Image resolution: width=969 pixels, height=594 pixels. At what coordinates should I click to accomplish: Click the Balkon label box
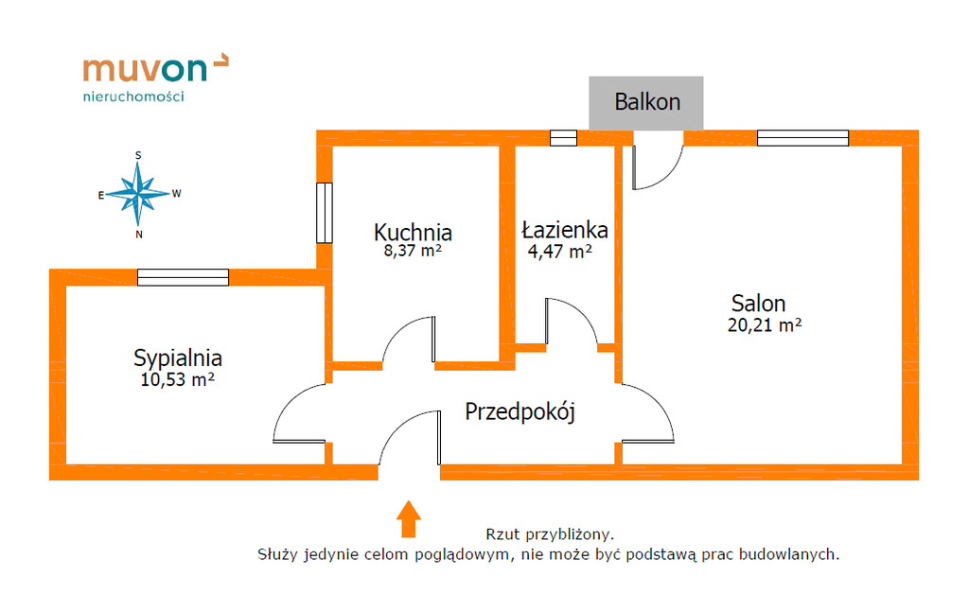645,103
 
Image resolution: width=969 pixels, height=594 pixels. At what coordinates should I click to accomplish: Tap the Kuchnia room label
413,233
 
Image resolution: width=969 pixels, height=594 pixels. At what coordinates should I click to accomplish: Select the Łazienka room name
565,230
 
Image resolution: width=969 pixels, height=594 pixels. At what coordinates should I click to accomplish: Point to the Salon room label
758,304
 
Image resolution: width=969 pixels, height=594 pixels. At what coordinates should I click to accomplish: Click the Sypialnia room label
178,358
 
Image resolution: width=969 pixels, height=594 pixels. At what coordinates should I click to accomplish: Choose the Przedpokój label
520,411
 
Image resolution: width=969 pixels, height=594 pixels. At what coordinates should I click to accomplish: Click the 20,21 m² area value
765,324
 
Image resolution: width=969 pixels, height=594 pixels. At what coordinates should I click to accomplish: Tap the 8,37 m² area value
413,251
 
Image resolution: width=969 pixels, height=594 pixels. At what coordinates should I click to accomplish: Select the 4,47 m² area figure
560,252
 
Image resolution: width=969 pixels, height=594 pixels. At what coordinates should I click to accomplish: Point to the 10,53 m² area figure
177,379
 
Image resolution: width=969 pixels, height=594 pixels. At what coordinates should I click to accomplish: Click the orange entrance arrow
409,518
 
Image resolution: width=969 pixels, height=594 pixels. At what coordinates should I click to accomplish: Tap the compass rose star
138,194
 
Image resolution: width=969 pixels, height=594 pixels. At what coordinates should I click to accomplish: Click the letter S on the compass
138,156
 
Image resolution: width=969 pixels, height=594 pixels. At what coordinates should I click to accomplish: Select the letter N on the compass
139,235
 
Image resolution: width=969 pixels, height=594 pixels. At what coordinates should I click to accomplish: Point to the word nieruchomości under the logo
133,96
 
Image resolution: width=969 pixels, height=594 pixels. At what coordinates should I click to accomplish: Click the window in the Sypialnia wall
183,277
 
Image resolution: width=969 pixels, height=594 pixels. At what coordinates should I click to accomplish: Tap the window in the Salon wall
802,138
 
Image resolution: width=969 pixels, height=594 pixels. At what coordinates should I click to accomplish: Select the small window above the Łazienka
564,138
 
